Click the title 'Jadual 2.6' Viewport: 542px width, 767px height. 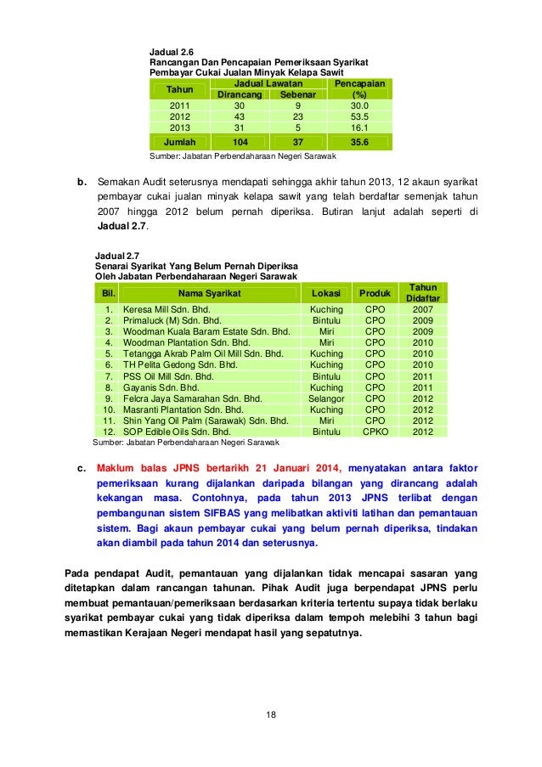click(171, 52)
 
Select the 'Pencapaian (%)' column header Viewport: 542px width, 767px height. click(359, 89)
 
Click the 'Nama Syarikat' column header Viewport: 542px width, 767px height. click(209, 294)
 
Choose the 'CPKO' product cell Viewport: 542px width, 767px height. click(375, 431)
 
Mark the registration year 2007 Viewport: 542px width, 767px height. click(422, 310)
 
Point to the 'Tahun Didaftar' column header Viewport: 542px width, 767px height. click(422, 294)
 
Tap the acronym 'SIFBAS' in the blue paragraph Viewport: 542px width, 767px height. click(248, 512)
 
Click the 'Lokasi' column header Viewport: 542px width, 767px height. click(326, 294)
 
